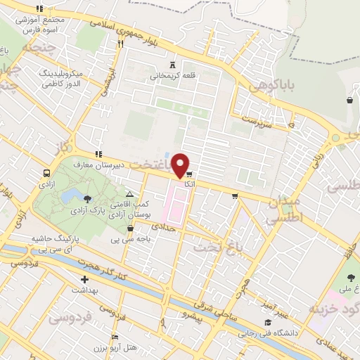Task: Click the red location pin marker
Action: pos(181,165)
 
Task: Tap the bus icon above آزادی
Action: pos(46,173)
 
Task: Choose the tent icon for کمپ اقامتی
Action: pos(129,194)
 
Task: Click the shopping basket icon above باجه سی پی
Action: pos(130,228)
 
